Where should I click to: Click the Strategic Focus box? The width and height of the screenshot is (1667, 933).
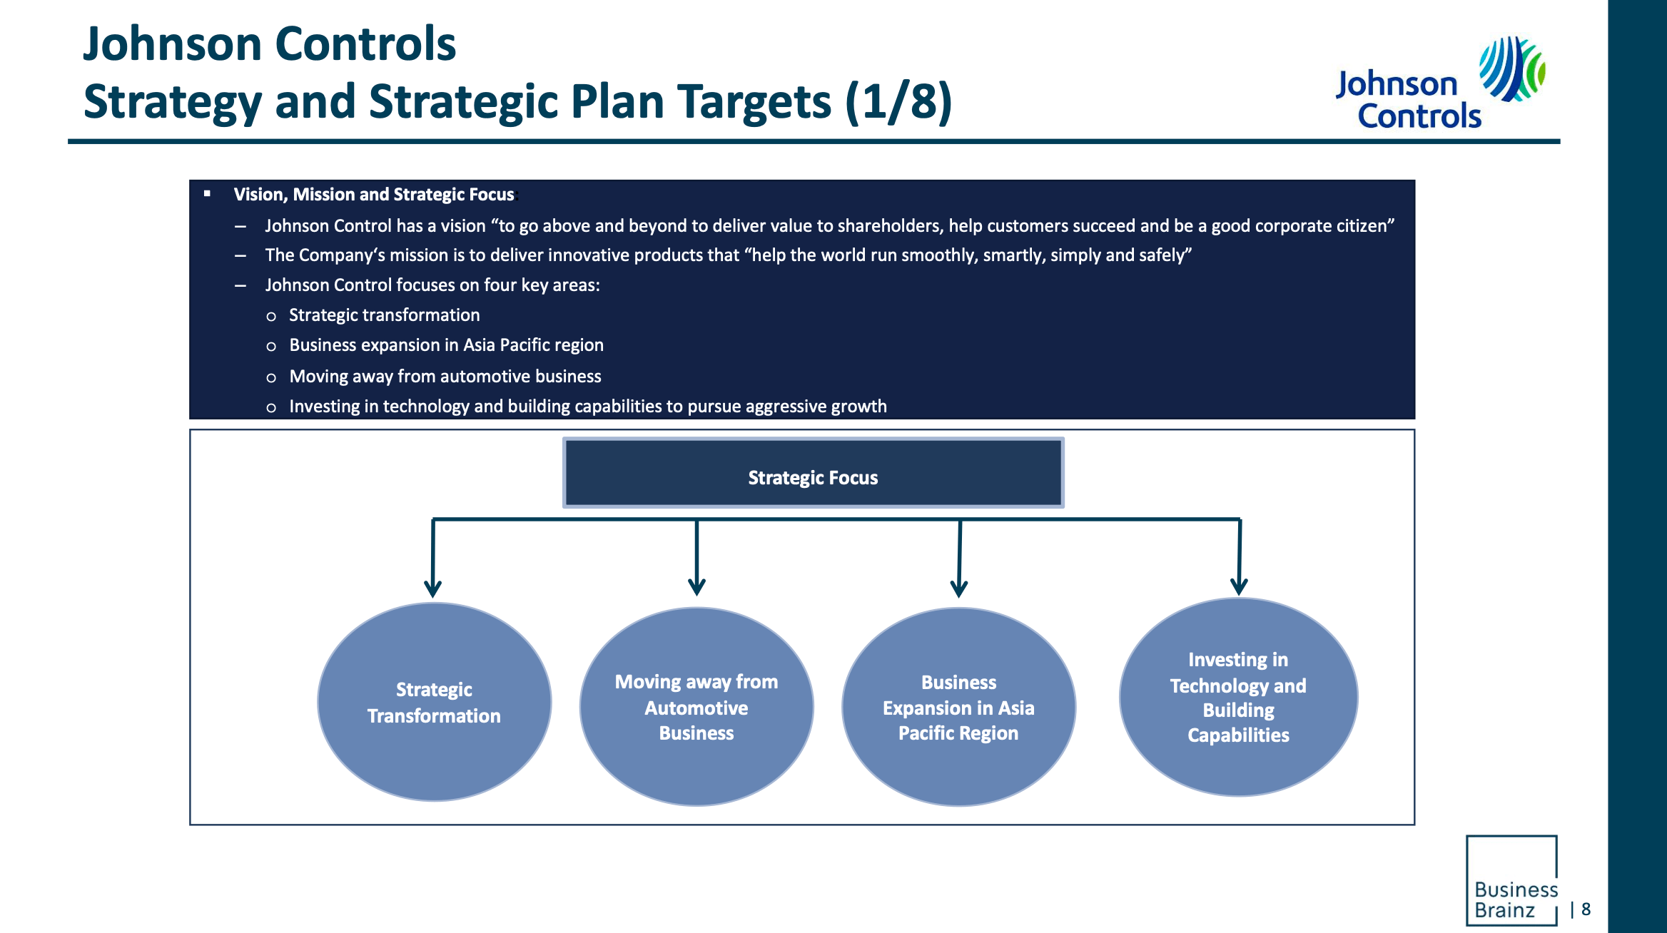click(813, 473)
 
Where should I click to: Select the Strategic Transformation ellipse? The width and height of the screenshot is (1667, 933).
click(434, 702)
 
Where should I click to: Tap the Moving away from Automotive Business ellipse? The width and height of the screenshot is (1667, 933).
click(696, 707)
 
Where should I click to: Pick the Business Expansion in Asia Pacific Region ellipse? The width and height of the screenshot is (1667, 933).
click(958, 707)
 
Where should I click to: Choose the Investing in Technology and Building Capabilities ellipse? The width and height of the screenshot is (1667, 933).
click(1238, 697)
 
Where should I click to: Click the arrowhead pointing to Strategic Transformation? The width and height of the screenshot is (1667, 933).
click(432, 588)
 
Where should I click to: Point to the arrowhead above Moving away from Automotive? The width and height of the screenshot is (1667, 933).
click(696, 587)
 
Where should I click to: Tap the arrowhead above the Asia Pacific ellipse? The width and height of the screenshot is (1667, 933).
click(959, 588)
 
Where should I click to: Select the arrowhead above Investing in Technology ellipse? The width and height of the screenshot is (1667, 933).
click(1239, 587)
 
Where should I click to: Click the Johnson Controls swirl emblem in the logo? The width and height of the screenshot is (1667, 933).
click(1511, 69)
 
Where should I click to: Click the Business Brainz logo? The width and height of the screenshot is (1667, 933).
click(1511, 881)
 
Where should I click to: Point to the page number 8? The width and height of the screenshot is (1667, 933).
click(1586, 909)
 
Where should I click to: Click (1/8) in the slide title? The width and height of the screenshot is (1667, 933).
click(898, 101)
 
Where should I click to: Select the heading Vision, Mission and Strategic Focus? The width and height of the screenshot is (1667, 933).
click(374, 195)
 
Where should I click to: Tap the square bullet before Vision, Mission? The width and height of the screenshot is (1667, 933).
click(208, 193)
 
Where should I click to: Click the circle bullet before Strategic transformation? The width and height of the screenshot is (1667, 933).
click(271, 316)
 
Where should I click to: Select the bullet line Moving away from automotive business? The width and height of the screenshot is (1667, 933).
click(445, 377)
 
